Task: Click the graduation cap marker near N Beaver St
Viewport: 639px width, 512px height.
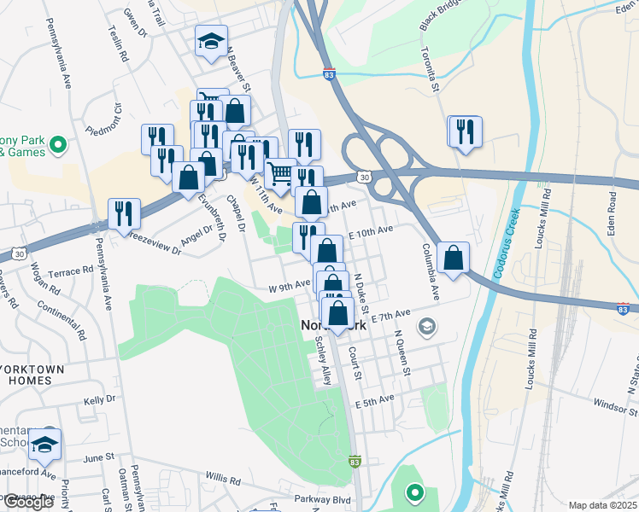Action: click(x=211, y=41)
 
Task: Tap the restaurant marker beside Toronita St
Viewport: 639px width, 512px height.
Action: click(x=465, y=131)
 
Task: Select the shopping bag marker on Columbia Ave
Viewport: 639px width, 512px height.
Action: click(x=453, y=257)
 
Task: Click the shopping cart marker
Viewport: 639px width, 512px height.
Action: click(x=280, y=174)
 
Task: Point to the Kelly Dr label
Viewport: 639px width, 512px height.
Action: click(x=99, y=399)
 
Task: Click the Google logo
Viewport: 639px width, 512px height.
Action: click(x=27, y=502)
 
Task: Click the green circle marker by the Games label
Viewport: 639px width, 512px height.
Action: click(x=58, y=145)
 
